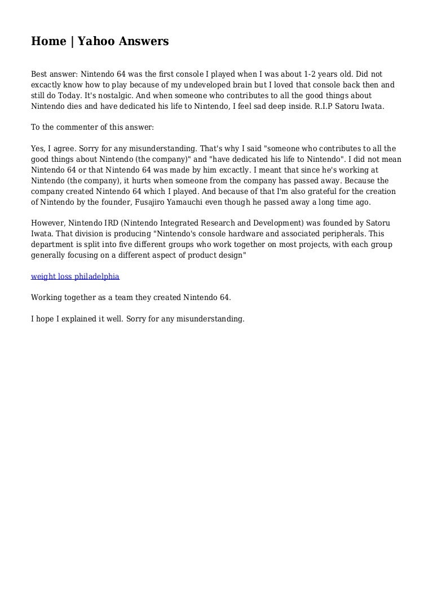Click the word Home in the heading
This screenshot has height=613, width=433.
47,41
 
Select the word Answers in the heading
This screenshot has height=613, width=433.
143,41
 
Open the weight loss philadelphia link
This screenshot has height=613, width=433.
75,276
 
